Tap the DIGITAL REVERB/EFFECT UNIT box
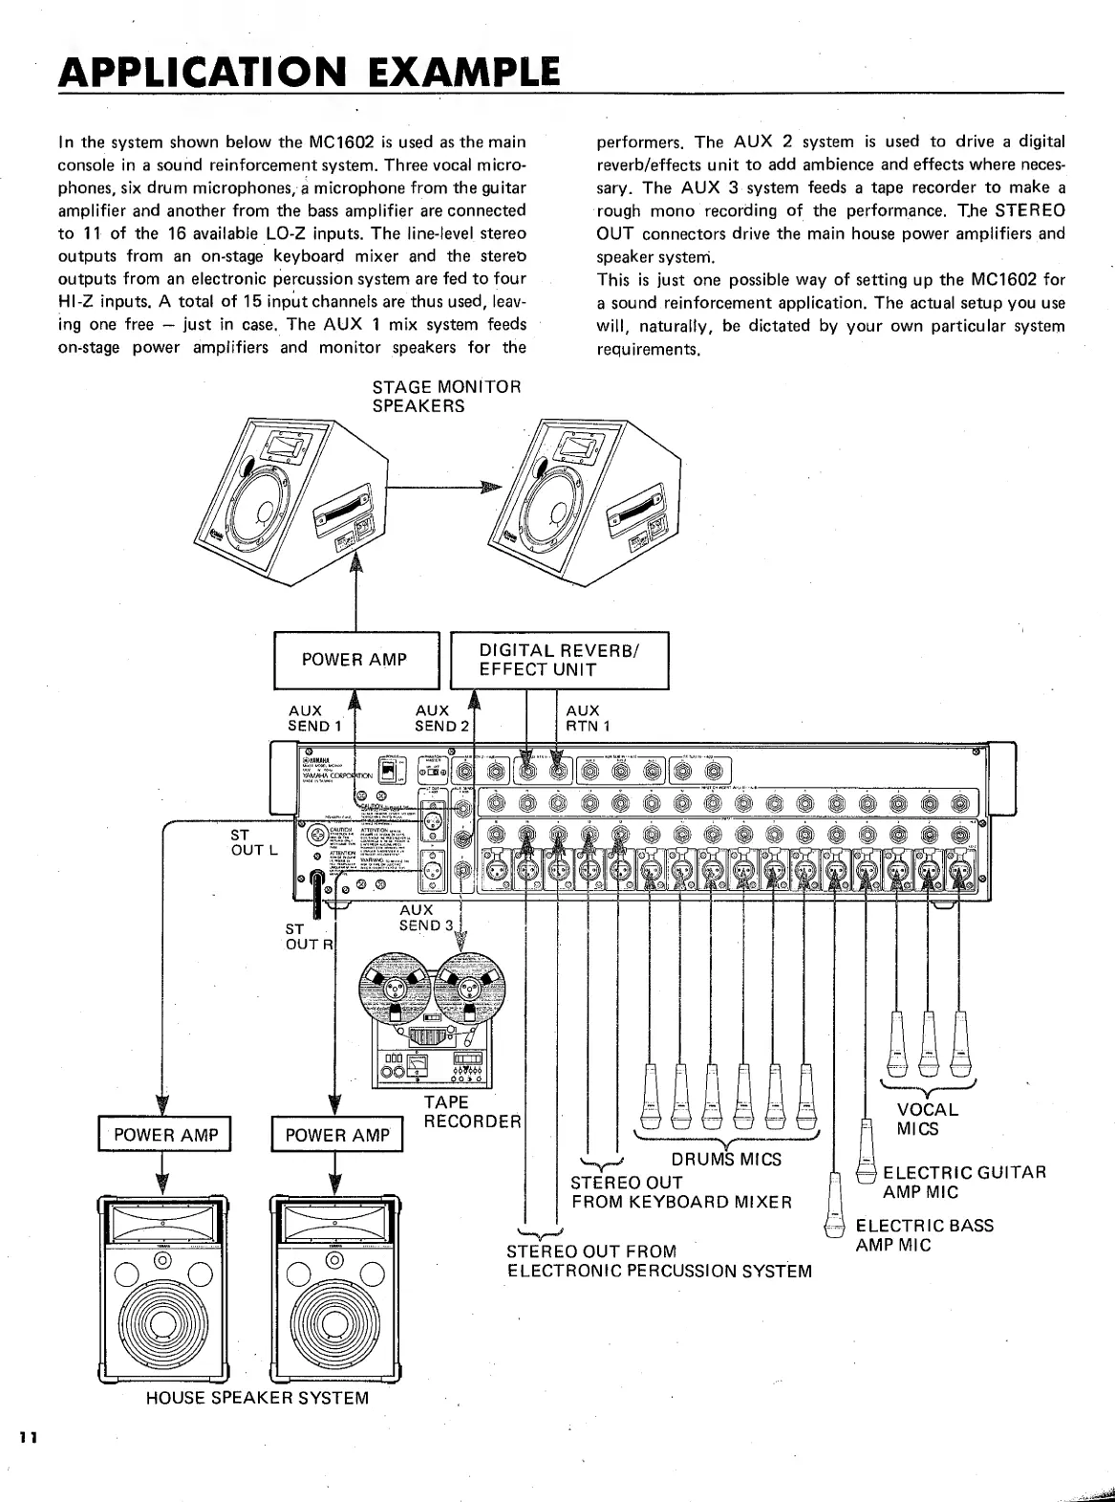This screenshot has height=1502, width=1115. tap(559, 660)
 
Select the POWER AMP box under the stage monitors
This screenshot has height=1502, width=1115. tap(355, 660)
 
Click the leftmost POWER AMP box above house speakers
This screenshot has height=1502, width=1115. tap(166, 1135)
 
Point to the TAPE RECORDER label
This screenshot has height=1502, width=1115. tap(472, 1111)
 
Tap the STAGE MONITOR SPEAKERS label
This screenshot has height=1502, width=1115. tap(446, 396)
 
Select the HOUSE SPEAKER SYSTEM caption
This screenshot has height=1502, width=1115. tap(257, 1398)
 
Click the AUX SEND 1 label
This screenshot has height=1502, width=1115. tap(314, 718)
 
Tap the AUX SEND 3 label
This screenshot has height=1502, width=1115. tap(425, 918)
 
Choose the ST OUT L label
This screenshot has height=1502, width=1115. tap(253, 843)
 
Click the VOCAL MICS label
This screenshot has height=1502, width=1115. tap(926, 1119)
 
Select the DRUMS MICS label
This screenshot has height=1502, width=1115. tap(725, 1159)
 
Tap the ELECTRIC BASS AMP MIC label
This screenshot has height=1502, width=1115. tap(923, 1235)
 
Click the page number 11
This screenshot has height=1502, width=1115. tap(26, 1438)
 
